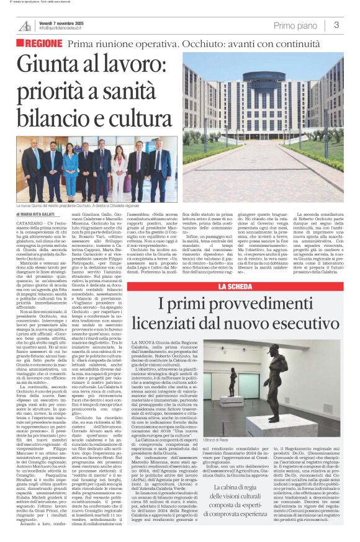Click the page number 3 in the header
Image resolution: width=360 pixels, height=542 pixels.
click(336, 25)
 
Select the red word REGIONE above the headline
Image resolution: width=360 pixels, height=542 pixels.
click(43, 44)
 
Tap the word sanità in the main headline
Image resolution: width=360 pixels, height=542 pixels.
click(134, 92)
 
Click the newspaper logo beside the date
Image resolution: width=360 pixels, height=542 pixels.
click(25, 25)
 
